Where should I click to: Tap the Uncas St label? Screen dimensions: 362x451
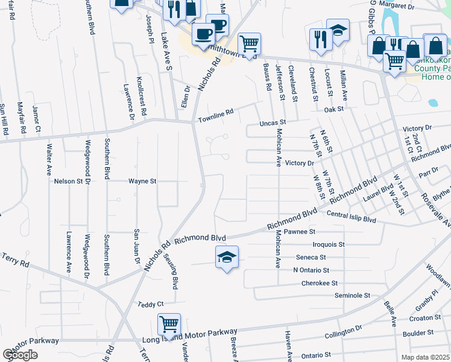tap(271, 122)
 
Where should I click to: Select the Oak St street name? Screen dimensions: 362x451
tap(333, 109)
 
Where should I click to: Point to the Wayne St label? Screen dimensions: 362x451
tap(142, 180)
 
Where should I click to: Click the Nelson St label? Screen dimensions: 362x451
tap(68, 180)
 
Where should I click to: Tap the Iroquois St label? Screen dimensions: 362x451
tap(329, 245)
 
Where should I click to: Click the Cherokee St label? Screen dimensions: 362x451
tap(319, 283)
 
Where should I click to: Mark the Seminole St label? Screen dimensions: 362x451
tap(352, 296)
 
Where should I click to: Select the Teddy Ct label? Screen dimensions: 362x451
tap(151, 305)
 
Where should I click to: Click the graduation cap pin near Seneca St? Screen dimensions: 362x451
tap(227, 258)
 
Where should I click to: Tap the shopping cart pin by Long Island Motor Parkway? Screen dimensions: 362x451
tap(169, 325)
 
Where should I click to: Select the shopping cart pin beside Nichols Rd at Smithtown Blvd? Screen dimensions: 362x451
tap(249, 43)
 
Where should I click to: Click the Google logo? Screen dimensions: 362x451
tap(20, 355)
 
